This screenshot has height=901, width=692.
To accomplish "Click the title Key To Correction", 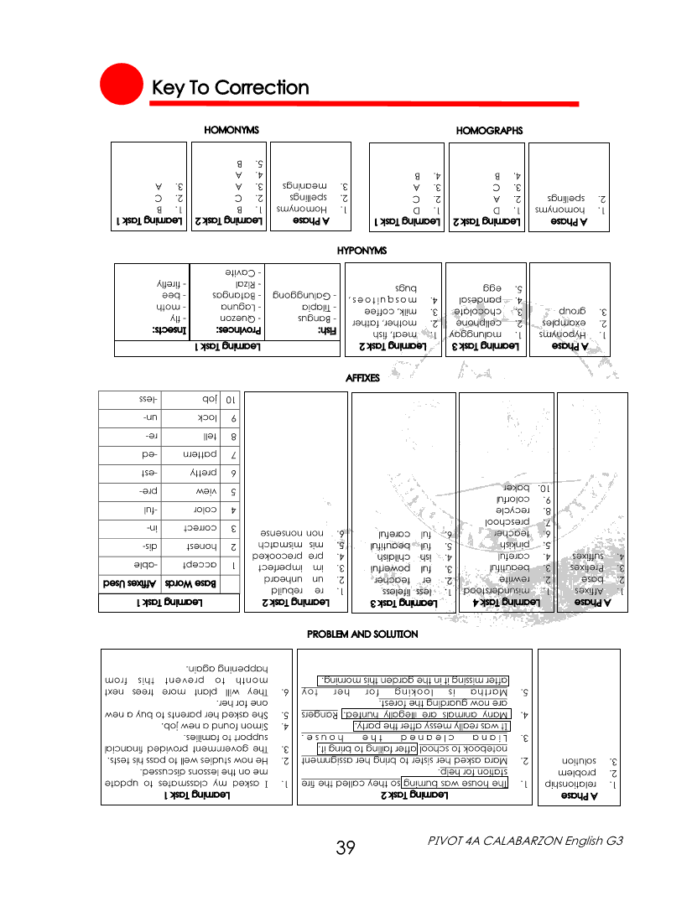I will click(x=230, y=88).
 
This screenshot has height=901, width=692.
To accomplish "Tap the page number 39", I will click(x=346, y=847).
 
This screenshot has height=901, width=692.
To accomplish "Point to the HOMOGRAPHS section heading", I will click(x=489, y=131).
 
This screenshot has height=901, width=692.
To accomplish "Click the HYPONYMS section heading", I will click(x=362, y=250).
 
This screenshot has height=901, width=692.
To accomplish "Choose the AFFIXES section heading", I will click(x=362, y=378).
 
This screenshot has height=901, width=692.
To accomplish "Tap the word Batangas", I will click(x=240, y=296).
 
